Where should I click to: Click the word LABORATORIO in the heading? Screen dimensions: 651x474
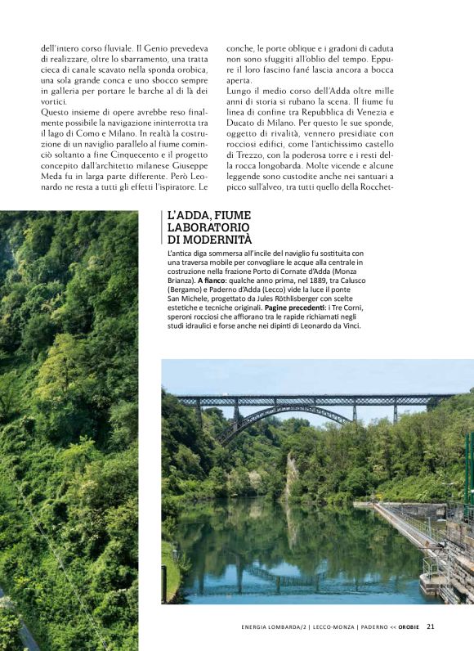tap(208, 227)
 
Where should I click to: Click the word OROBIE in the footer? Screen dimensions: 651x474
tap(409, 627)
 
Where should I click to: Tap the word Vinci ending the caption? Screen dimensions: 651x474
tap(348, 325)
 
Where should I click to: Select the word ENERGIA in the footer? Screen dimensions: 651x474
tap(260, 627)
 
